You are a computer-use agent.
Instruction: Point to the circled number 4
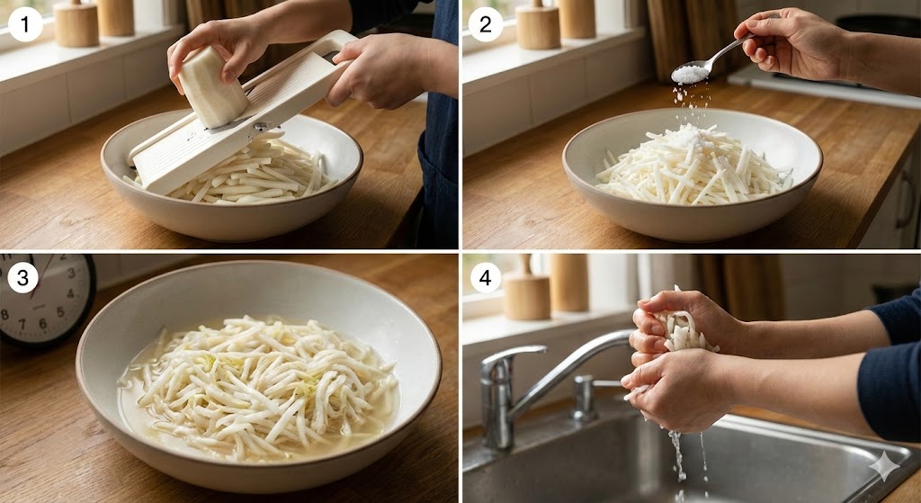485,277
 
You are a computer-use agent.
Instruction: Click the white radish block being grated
212,87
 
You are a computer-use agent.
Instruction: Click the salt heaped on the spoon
690,74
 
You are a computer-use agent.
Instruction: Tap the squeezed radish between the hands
682,332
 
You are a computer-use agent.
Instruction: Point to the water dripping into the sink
682,458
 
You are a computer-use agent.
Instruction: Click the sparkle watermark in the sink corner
884,467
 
